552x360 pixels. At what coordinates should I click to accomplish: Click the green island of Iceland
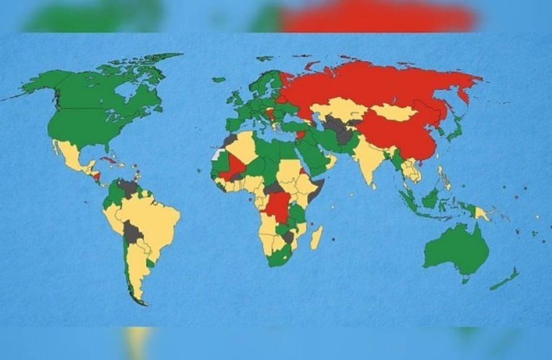pyautogui.click(x=219, y=79)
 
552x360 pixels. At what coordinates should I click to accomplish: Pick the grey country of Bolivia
pyautogui.click(x=133, y=232)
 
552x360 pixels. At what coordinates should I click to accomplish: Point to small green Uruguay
pyautogui.click(x=150, y=263)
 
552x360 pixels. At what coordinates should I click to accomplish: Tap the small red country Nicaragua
pyautogui.click(x=97, y=176)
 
